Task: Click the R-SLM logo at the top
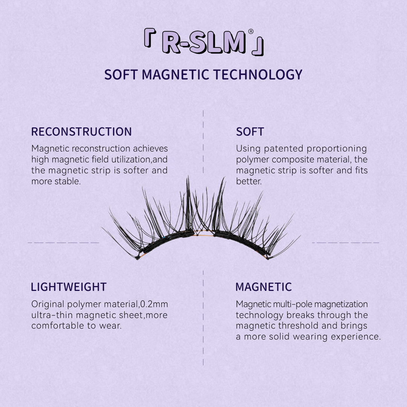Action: (204, 42)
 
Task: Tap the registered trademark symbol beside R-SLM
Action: (251, 31)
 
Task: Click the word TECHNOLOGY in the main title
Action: (258, 75)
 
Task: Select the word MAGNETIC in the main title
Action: (176, 75)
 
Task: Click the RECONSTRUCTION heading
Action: (81, 132)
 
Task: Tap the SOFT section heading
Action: (250, 132)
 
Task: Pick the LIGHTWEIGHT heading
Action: (69, 287)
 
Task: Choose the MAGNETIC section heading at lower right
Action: (264, 287)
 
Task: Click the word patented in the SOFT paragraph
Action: (283, 149)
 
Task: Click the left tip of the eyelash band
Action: (137, 258)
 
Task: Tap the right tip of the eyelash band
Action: (268, 258)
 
